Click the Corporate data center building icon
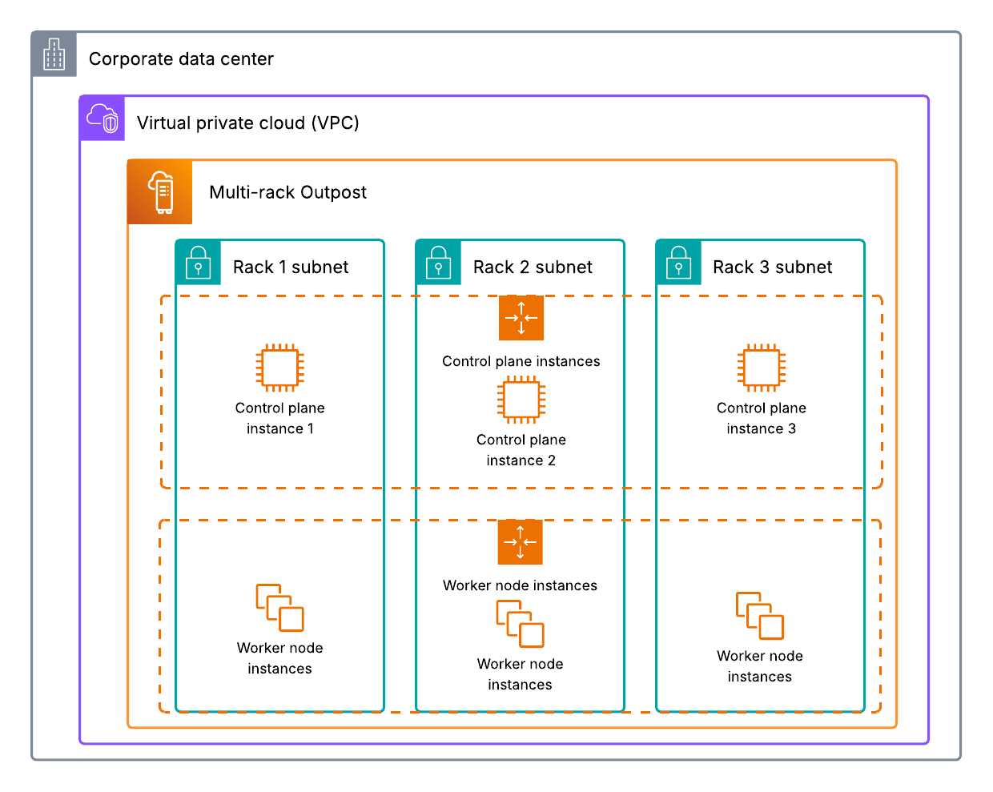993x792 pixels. [54, 54]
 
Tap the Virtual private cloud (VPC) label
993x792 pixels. [247, 123]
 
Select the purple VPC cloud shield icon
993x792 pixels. [103, 119]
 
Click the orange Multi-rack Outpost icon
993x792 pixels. [160, 192]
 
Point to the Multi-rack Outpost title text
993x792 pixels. [287, 192]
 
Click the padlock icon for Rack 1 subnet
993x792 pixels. [198, 263]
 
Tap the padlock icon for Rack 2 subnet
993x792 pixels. [438, 263]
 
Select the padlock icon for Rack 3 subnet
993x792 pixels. [678, 263]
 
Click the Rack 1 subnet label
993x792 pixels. [291, 267]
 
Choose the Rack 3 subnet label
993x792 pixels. [772, 267]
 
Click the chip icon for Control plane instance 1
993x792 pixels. [279, 368]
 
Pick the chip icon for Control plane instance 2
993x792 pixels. [521, 400]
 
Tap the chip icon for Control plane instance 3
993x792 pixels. [761, 368]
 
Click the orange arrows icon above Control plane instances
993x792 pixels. [521, 318]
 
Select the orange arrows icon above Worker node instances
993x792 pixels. [521, 542]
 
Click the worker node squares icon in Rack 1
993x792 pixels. [279, 608]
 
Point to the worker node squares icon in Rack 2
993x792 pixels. [520, 623]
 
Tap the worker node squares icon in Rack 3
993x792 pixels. [760, 616]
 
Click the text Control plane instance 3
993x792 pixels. [761, 418]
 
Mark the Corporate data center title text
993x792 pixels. [181, 58]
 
